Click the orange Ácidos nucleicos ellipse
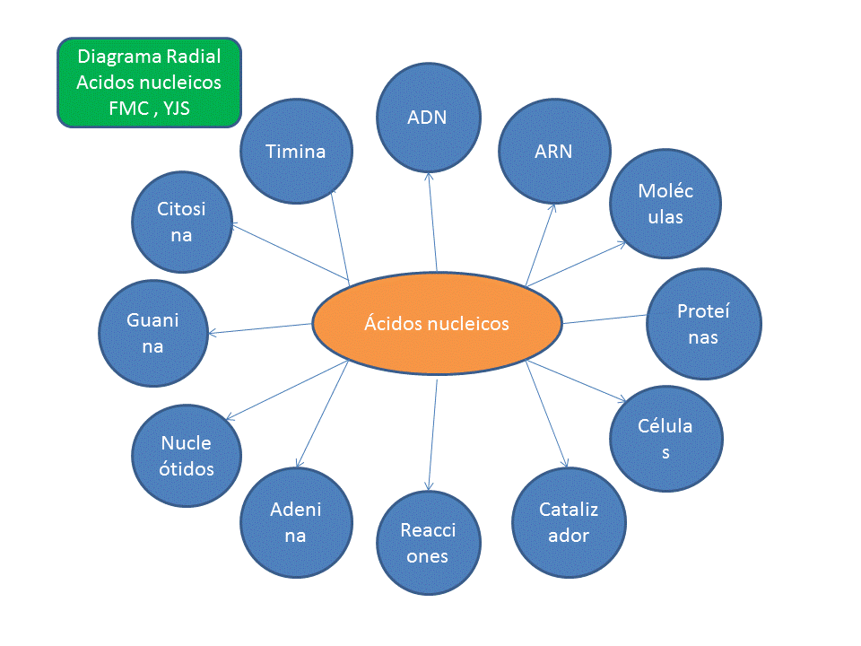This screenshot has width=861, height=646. click(437, 323)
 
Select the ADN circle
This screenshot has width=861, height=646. click(428, 118)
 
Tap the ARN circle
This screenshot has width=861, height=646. click(553, 151)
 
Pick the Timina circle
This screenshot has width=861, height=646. click(295, 151)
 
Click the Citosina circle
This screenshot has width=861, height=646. click(182, 222)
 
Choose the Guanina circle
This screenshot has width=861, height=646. click(152, 333)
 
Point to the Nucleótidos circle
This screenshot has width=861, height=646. click(187, 455)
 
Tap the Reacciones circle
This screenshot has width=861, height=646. click(428, 542)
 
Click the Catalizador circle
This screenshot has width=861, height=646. click(569, 521)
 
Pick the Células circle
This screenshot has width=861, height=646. click(665, 439)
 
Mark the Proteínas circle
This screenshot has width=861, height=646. click(704, 324)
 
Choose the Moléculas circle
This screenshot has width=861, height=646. click(665, 205)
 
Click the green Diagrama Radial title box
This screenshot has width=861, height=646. click(149, 82)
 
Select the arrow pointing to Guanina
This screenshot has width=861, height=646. click(260, 328)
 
